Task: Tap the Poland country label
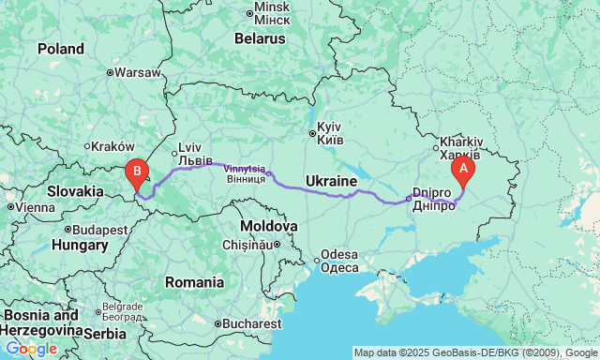61,49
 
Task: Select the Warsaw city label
137,71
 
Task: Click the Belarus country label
259,39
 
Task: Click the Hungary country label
80,245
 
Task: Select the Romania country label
193,281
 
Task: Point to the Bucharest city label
251,323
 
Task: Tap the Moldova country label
268,227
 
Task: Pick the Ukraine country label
331,180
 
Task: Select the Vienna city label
36,206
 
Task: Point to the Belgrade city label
122,307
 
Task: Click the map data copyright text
475,352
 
